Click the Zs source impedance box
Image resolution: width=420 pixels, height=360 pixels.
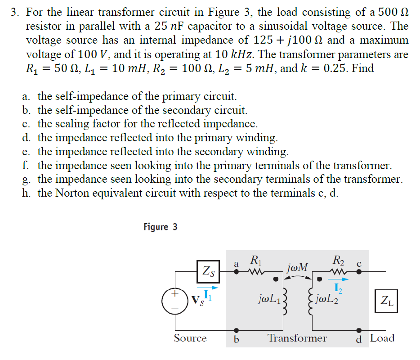point(208,271)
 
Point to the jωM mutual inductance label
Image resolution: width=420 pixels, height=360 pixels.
point(297,268)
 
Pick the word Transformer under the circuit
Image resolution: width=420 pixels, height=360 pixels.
point(297,338)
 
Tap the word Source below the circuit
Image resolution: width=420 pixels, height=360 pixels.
point(190,338)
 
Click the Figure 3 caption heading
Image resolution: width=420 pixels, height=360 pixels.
point(161,227)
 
